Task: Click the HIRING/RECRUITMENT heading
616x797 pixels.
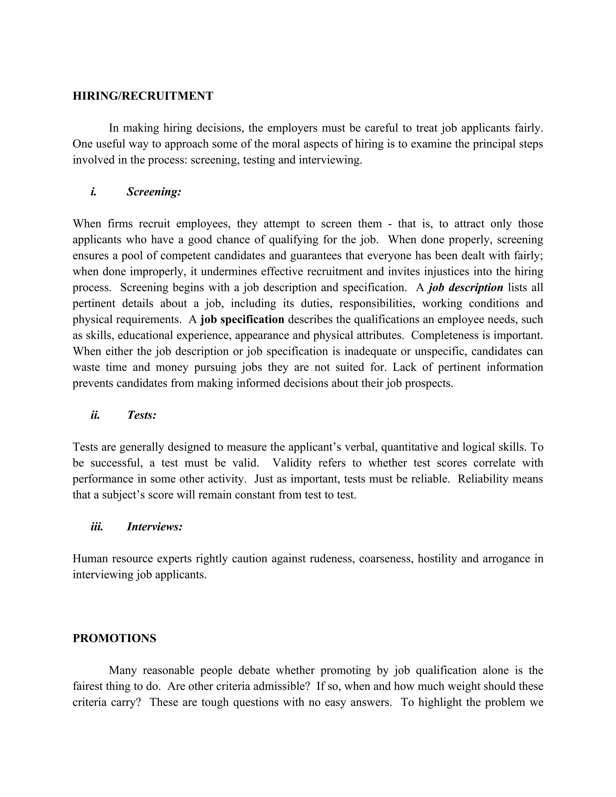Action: [x=143, y=96]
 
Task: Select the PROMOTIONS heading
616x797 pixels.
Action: [x=114, y=638]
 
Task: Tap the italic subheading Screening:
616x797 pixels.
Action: [x=154, y=192]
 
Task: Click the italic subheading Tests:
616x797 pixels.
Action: [x=142, y=415]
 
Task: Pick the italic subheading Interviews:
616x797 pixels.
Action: [x=154, y=527]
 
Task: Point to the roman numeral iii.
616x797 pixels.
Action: [x=97, y=527]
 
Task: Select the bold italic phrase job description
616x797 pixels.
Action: [x=466, y=288]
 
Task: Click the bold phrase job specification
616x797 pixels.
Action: [x=242, y=319]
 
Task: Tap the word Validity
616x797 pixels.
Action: [x=292, y=463]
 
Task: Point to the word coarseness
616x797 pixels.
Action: [x=386, y=559]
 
